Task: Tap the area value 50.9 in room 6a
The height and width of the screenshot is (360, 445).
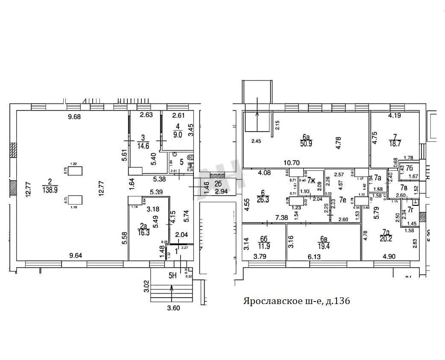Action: pyautogui.click(x=306, y=144)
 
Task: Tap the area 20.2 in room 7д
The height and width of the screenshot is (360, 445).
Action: pyautogui.click(x=387, y=239)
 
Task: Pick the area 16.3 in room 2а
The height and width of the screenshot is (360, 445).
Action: pyautogui.click(x=144, y=233)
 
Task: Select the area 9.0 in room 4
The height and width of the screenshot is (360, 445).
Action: pyautogui.click(x=178, y=133)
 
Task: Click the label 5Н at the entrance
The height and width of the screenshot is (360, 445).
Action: pyautogui.click(x=173, y=275)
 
